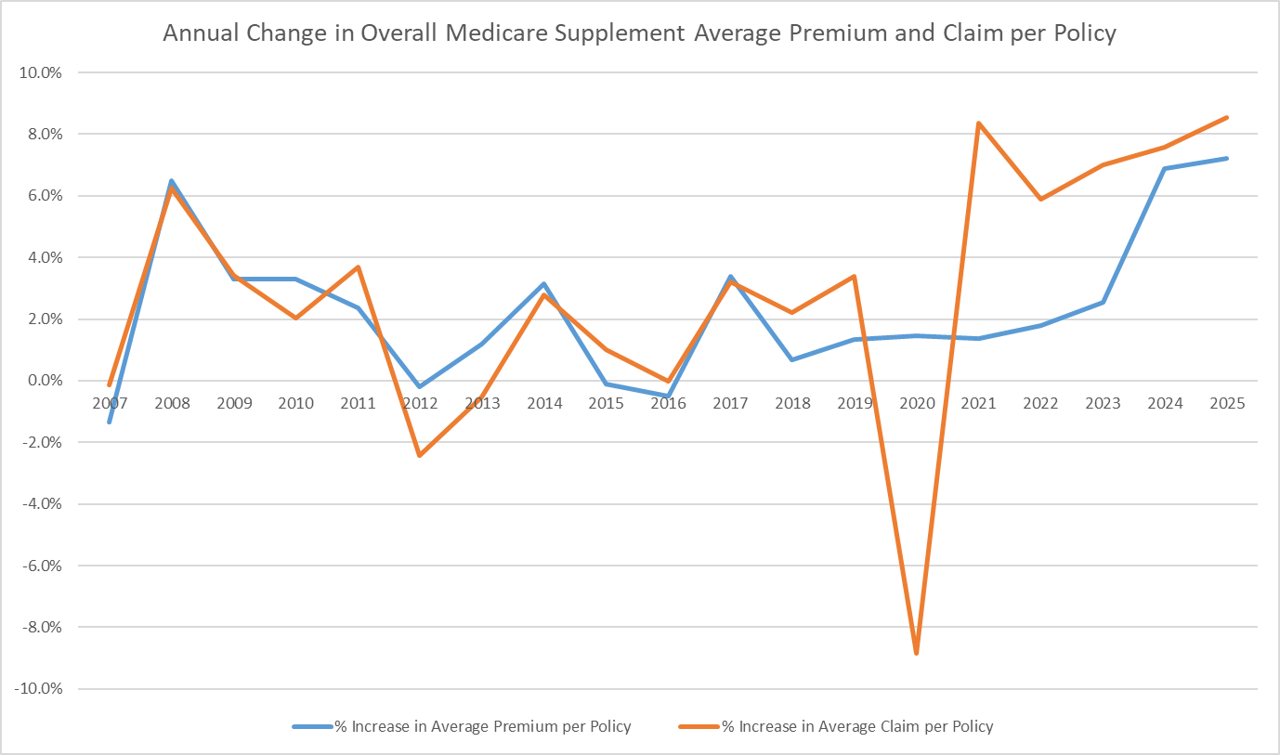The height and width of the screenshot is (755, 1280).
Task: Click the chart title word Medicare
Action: [x=496, y=33]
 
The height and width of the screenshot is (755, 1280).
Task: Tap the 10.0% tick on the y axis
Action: [x=41, y=72]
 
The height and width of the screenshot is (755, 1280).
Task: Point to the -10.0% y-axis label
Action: [x=38, y=689]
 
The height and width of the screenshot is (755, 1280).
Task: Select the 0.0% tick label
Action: [x=45, y=381]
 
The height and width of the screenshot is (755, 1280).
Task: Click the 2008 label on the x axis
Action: [x=172, y=403]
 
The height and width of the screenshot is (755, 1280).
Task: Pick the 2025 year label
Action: [x=1227, y=403]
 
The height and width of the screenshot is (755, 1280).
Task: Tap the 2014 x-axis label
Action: [x=544, y=403]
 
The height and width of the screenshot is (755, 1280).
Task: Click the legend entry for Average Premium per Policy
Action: [x=462, y=726]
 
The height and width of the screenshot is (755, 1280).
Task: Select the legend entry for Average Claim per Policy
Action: [x=836, y=726]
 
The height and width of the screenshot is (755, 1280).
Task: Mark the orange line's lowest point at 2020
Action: [x=917, y=654]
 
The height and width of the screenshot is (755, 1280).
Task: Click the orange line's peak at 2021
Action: [x=979, y=124]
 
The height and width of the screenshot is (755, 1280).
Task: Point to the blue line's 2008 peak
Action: [x=172, y=181]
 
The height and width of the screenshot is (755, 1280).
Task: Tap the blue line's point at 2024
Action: [x=1165, y=168]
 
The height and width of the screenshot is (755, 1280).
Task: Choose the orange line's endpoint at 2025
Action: [x=1227, y=118]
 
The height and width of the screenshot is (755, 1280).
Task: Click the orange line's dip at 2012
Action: [x=420, y=455]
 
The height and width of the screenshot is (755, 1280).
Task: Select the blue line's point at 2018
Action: [x=792, y=359]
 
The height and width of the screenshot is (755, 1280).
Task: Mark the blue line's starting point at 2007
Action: [x=109, y=422]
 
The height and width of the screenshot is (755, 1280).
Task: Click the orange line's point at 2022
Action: [x=1040, y=200]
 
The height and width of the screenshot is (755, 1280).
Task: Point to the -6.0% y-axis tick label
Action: [x=42, y=566]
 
